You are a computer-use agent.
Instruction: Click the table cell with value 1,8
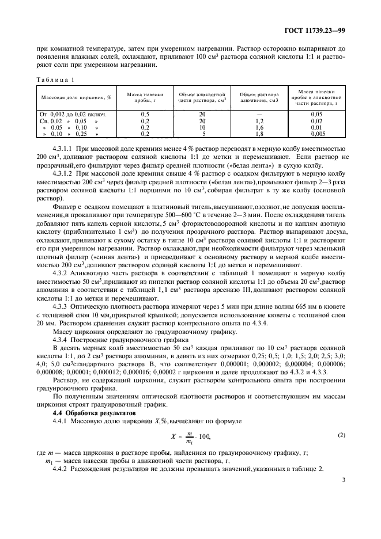pos(259,134)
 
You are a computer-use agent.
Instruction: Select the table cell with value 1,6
pos(259,127)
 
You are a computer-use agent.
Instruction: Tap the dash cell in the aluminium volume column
pos(259,115)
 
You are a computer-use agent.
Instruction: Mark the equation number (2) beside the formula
pos(342,435)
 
